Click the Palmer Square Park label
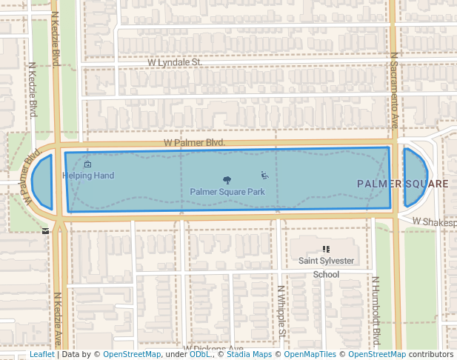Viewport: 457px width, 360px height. pos(227,192)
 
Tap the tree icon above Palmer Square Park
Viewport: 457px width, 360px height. pos(227,180)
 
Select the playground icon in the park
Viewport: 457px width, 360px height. pos(264,176)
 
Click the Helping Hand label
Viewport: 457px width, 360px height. pos(88,176)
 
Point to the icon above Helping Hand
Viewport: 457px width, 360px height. pos(88,164)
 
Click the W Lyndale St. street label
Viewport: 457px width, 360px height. pos(174,63)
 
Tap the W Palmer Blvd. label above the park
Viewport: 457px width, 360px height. pos(194,142)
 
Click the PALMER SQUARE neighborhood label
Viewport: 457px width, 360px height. pos(403,184)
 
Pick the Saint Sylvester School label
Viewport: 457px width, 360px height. pos(326,267)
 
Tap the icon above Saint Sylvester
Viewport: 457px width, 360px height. pos(326,250)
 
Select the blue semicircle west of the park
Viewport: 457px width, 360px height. pos(44,181)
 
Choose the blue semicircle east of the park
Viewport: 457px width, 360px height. pos(413,178)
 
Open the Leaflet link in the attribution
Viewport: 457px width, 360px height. pos(41,355)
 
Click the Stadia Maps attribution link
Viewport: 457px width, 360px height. pos(249,355)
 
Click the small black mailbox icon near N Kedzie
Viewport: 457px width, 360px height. pos(47,230)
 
